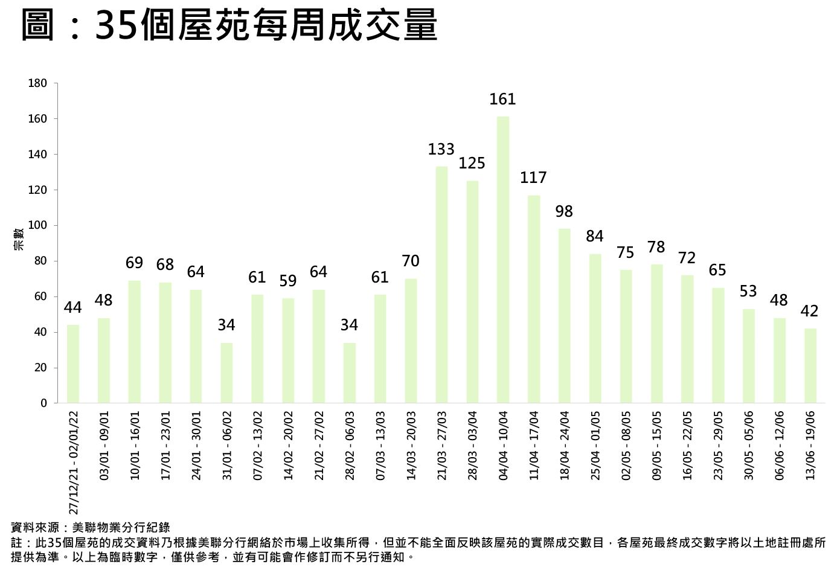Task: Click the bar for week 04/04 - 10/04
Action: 502,260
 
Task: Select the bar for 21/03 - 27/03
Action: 441,284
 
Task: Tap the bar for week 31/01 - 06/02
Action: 226,373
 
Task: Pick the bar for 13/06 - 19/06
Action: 810,365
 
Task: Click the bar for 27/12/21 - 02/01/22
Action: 73,363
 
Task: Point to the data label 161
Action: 502,99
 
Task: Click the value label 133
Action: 441,149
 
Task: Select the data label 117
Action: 533,178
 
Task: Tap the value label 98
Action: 564,211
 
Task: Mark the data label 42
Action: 809,311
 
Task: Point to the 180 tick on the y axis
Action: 37,83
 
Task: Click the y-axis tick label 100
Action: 37,225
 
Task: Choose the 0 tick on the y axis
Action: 43,403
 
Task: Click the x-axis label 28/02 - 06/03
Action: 350,446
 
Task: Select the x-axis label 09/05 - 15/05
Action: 656,446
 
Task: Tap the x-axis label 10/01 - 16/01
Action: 135,446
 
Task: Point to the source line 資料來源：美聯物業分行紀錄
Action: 91,527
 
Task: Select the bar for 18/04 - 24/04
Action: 564,316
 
